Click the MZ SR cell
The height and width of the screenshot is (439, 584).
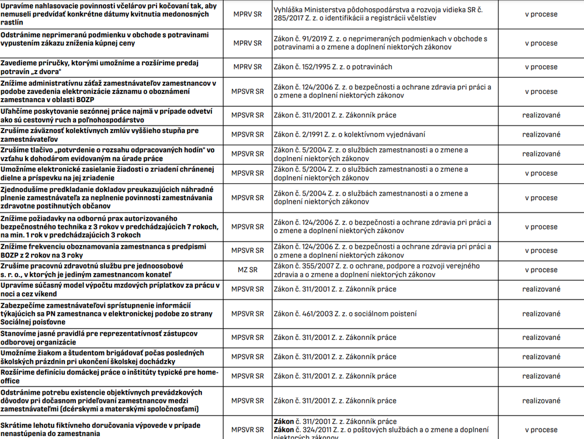point(247,270)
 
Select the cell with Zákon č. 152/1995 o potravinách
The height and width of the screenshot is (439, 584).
point(333,67)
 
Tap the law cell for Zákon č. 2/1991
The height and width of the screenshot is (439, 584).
point(342,134)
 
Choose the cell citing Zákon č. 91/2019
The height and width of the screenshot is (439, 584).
point(380,43)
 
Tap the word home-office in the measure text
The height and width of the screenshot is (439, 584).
point(205,372)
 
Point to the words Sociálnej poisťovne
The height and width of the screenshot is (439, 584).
point(33,322)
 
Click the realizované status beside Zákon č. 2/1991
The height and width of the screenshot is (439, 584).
point(541,134)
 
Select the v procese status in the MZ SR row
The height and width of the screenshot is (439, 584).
point(541,270)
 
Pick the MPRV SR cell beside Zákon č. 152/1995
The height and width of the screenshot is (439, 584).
point(247,67)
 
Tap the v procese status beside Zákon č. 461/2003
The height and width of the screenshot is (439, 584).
point(541,314)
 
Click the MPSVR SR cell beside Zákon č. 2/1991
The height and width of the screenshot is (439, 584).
point(247,134)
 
